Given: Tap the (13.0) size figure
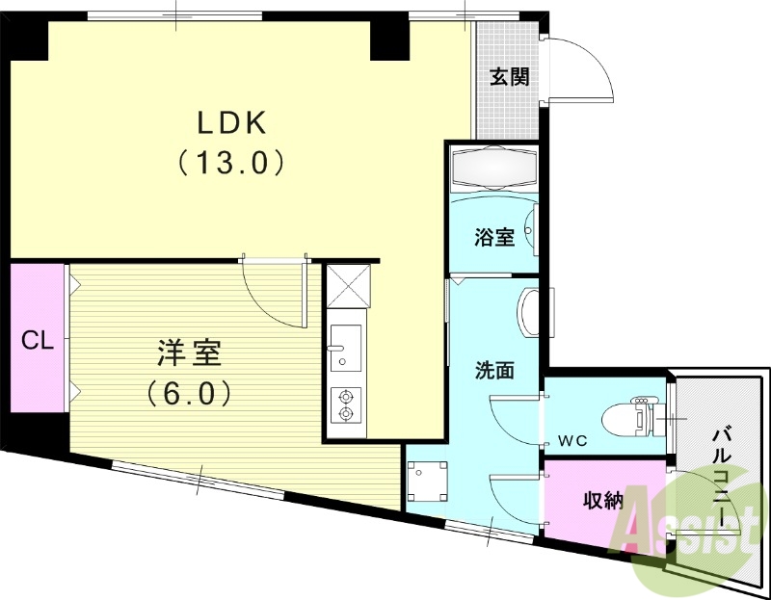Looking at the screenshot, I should (x=231, y=162).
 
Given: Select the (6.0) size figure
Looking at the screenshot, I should (x=189, y=392).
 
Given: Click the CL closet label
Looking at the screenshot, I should (x=37, y=340).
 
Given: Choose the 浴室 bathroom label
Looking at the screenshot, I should (x=493, y=237).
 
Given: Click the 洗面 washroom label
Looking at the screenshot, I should (x=492, y=369).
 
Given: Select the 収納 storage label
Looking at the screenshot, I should (x=604, y=500).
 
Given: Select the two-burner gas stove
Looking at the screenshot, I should (x=345, y=404).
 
